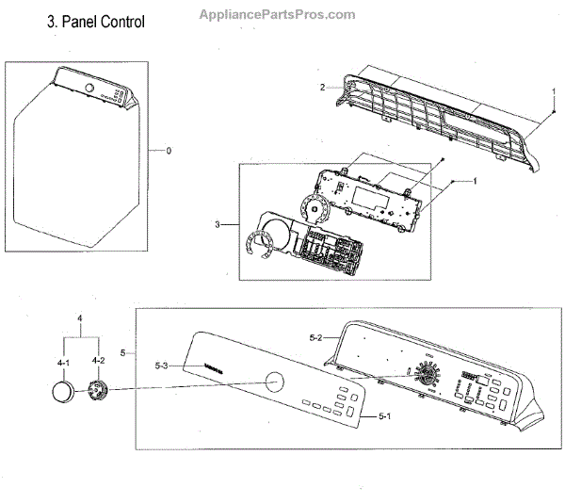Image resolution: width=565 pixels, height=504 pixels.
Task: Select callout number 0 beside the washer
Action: [x=169, y=152]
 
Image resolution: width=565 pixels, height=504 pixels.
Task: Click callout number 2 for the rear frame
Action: [x=322, y=88]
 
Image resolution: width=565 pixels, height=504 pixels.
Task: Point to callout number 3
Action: [x=218, y=224]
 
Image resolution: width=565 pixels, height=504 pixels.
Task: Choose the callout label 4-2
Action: [x=99, y=361]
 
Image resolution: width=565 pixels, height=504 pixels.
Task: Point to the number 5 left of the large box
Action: [x=123, y=352]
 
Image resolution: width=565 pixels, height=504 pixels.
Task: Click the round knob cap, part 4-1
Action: [x=61, y=392]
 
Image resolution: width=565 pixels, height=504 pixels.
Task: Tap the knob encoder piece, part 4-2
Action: [x=97, y=390]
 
